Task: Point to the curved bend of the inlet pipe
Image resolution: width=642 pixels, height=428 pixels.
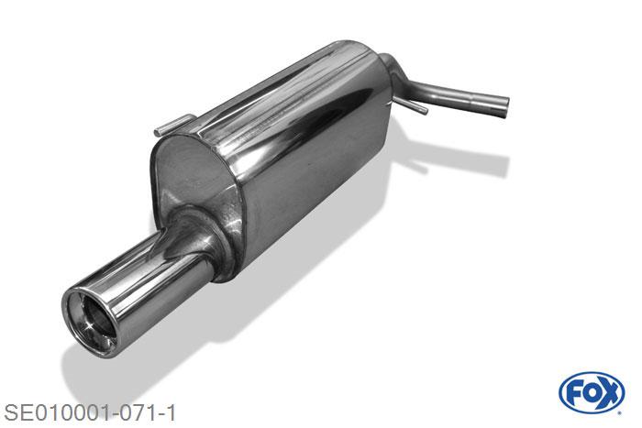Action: click(396, 71)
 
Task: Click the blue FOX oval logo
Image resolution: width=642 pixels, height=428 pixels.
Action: click(591, 393)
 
